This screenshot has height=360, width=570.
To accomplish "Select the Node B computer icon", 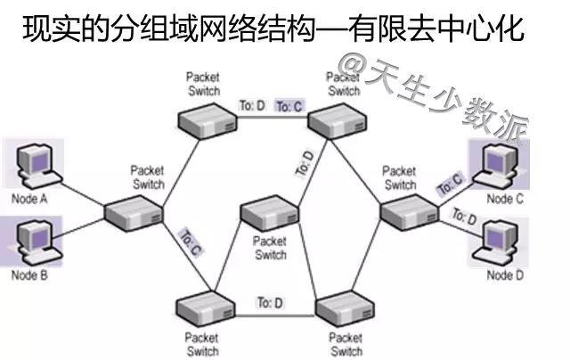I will click(x=34, y=241).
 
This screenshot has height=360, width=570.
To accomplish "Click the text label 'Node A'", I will click(x=29, y=199).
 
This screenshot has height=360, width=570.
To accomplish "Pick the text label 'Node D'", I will click(x=503, y=275).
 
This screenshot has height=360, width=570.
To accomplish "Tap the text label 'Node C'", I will click(x=504, y=200).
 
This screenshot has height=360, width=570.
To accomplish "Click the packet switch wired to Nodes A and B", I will click(x=134, y=212).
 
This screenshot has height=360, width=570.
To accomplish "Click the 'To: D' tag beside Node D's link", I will click(x=464, y=217).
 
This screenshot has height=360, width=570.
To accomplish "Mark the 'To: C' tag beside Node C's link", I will click(x=451, y=184).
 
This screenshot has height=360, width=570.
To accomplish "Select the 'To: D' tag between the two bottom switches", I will click(x=270, y=303).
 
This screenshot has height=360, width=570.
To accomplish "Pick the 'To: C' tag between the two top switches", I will click(x=289, y=107).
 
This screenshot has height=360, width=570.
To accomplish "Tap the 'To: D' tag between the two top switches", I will click(x=252, y=106).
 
